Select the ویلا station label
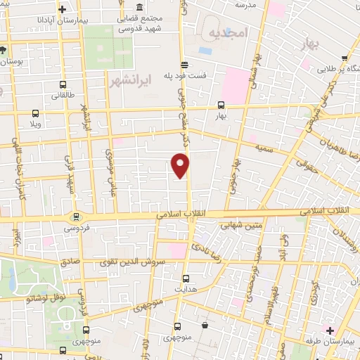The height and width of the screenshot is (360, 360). pyautogui.click(x=34, y=124)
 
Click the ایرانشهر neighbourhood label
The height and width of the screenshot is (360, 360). pyautogui.click(x=131, y=82)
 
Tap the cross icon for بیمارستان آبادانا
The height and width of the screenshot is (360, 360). pyautogui.click(x=63, y=9)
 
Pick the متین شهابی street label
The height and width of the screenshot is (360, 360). pyautogui.click(x=241, y=226)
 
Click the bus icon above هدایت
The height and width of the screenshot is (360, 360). pyautogui.click(x=185, y=278)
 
